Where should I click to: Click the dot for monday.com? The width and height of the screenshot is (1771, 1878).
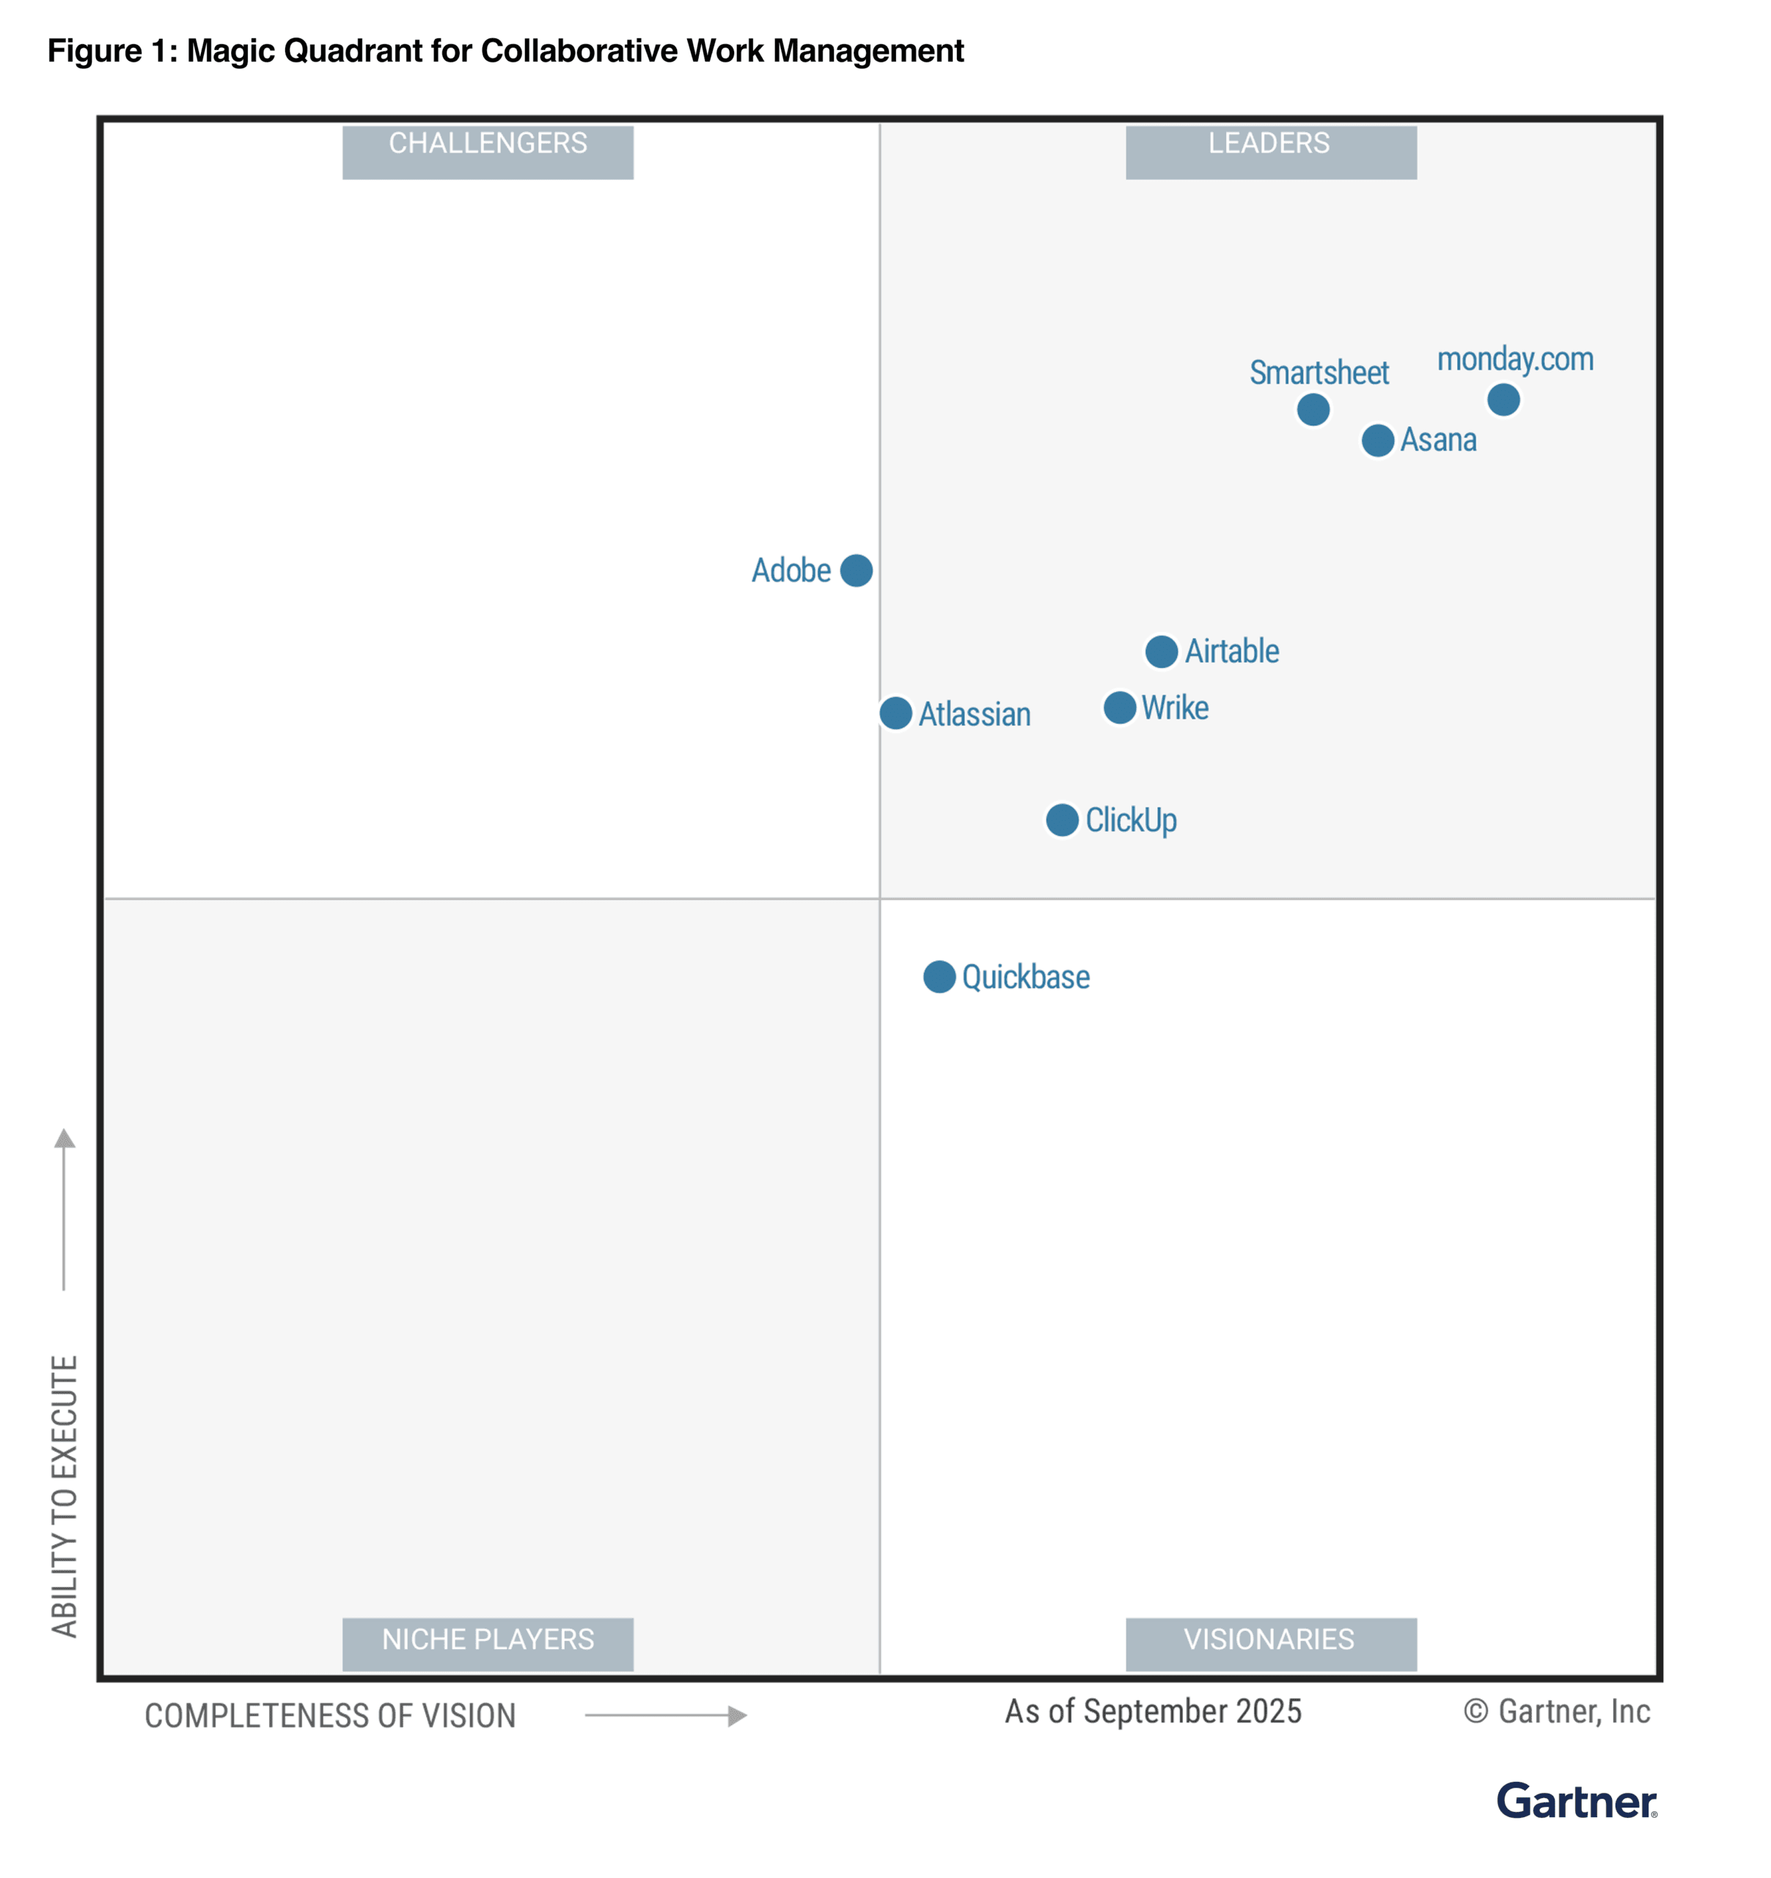tap(1503, 400)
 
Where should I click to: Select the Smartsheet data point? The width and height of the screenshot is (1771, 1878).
tap(1313, 409)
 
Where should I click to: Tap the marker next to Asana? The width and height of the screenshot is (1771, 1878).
tap(1377, 440)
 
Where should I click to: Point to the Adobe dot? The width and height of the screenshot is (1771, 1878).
tap(856, 571)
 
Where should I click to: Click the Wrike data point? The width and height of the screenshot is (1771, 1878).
tap(1119, 708)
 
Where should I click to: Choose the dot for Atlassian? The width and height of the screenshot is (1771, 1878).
tap(895, 713)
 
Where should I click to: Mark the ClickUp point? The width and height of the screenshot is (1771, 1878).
tap(1062, 820)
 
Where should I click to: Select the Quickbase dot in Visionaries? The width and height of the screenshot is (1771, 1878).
tap(939, 977)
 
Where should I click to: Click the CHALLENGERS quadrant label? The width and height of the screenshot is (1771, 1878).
tap(488, 151)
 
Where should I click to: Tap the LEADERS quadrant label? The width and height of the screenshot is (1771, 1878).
tap(1270, 151)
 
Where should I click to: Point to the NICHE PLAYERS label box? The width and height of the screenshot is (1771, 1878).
tap(488, 1644)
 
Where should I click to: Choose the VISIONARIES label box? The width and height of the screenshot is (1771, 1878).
tap(1270, 1644)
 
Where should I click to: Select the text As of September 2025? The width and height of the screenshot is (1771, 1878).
tap(1152, 1711)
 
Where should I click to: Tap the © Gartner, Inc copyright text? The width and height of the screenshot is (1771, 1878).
tap(1557, 1711)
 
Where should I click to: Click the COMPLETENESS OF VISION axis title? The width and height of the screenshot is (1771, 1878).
tap(330, 1716)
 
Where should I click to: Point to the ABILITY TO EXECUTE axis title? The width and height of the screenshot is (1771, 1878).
tap(65, 1497)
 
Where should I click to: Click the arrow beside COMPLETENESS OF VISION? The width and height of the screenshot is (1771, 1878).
tap(666, 1716)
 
